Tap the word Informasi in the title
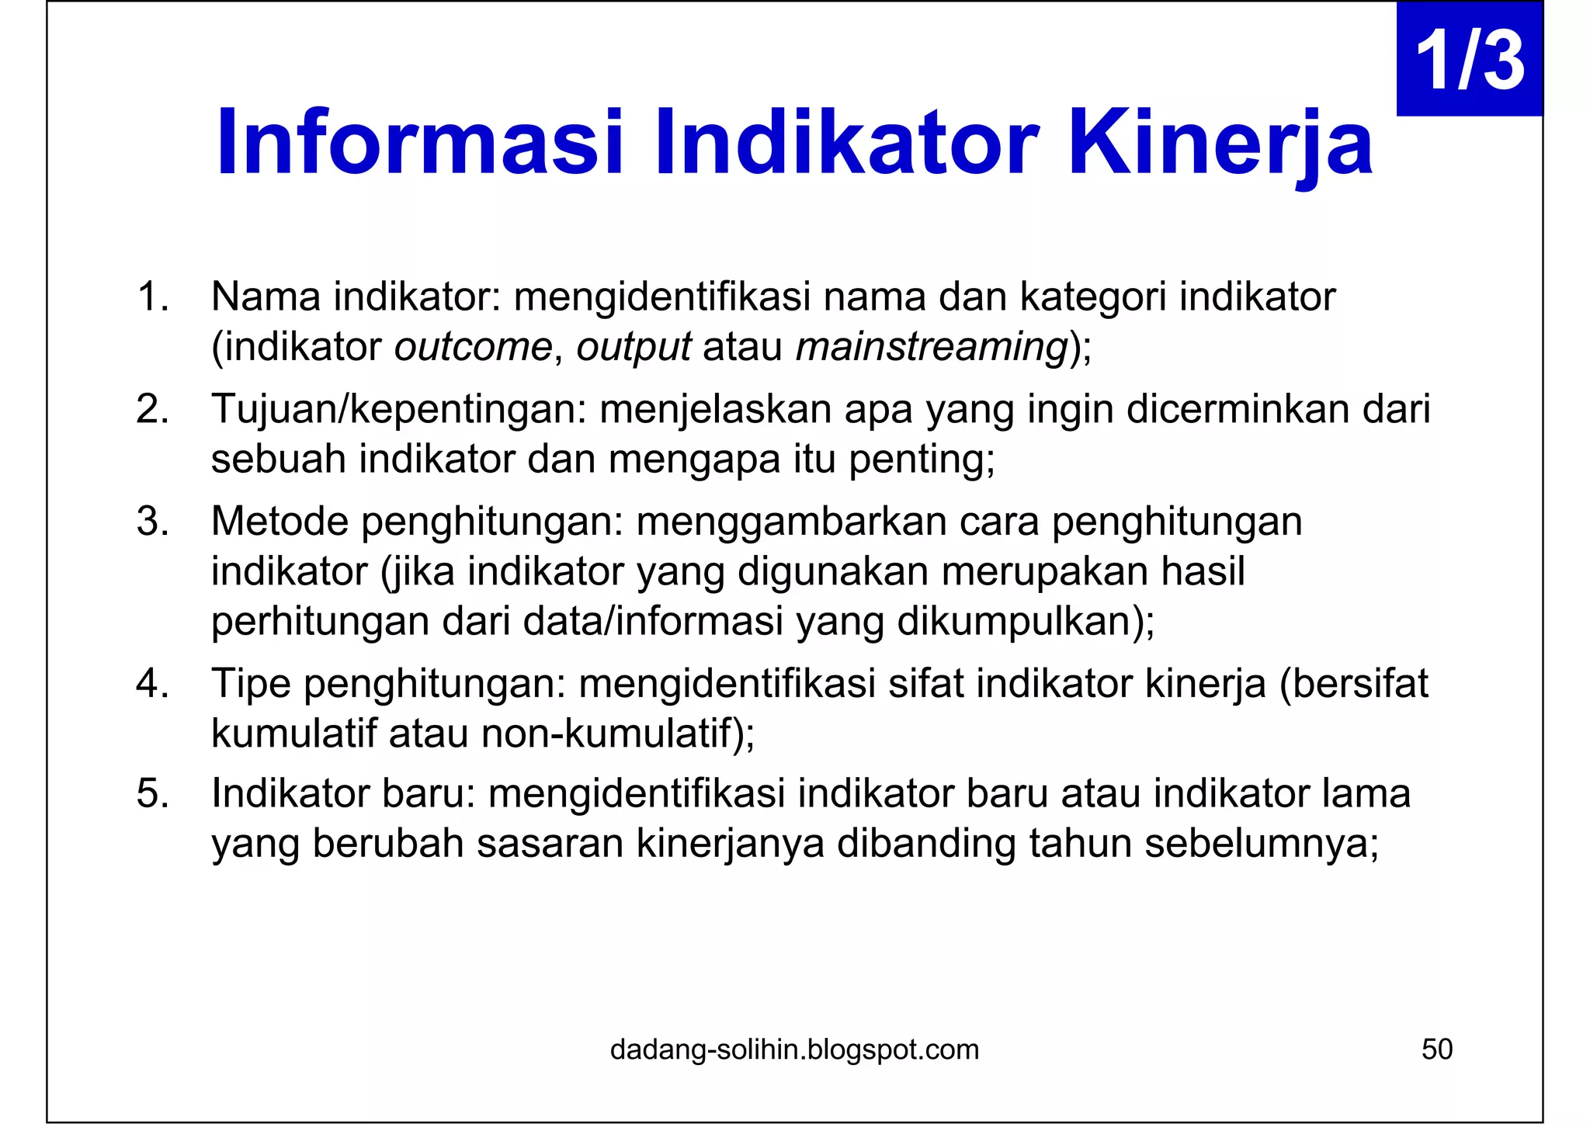(x=419, y=144)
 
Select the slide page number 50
(x=1436, y=1049)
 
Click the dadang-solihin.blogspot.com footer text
(x=794, y=1049)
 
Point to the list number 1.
(x=152, y=297)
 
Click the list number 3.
(x=152, y=521)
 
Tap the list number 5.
(x=152, y=794)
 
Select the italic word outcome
(x=473, y=347)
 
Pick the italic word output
(x=634, y=347)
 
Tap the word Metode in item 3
(x=279, y=521)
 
